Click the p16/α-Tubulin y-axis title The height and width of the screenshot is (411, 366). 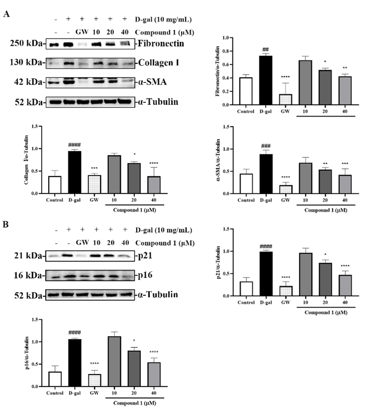pos(27,353)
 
